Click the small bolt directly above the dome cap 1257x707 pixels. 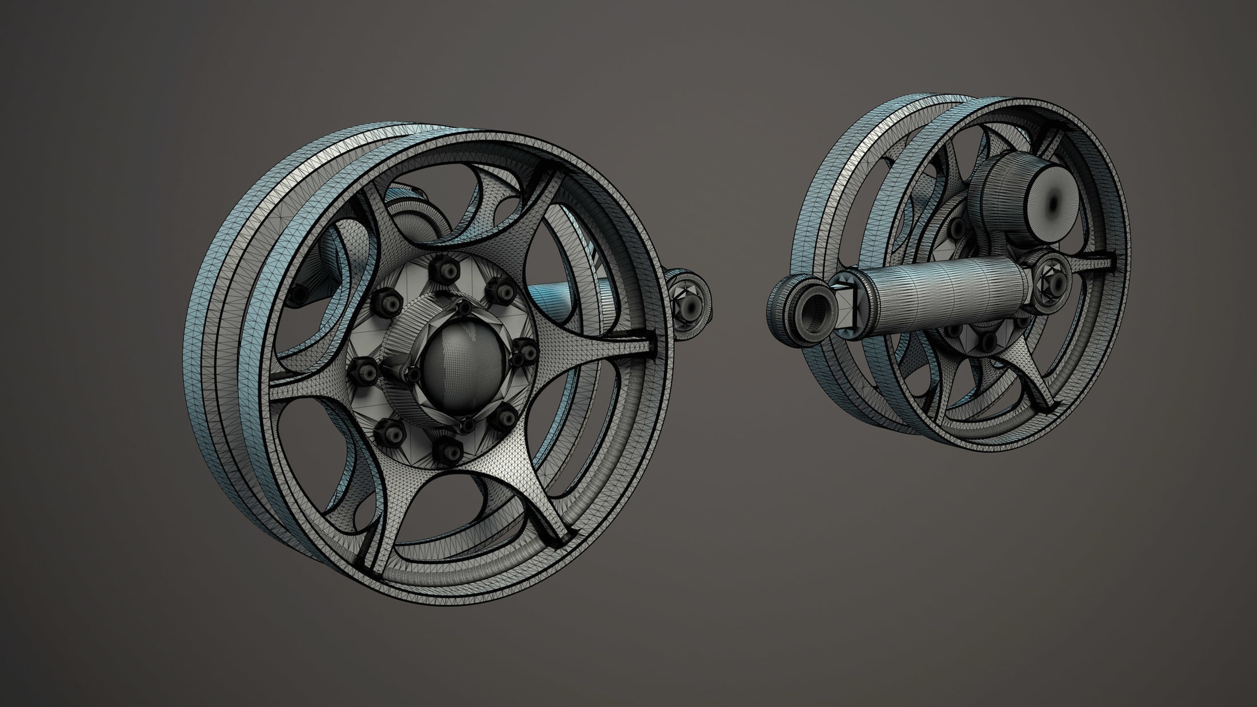point(464,308)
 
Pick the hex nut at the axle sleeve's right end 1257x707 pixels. point(1052,273)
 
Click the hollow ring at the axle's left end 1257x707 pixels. point(811,312)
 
